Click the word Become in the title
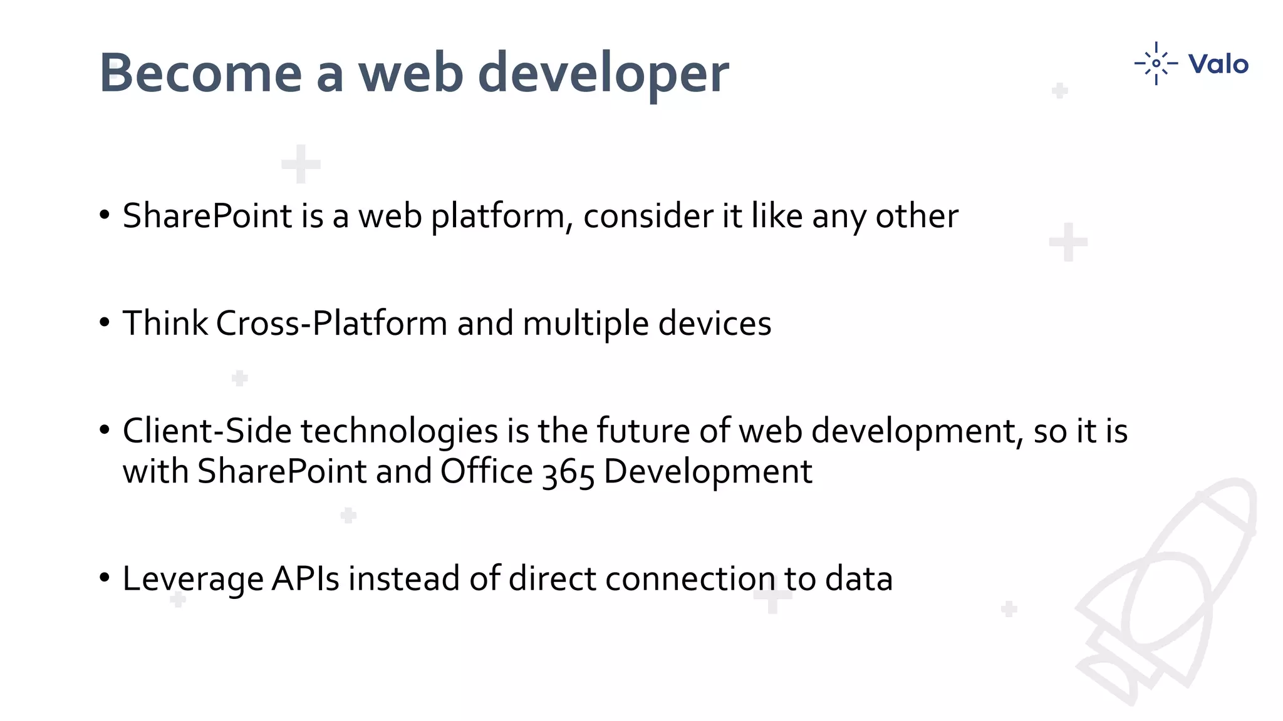(x=200, y=73)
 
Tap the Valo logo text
(x=1218, y=64)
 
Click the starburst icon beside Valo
(x=1156, y=63)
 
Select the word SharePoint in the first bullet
(x=207, y=216)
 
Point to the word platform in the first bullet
(x=502, y=217)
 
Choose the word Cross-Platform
(x=332, y=324)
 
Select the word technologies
(x=399, y=432)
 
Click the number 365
(x=568, y=473)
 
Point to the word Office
(x=486, y=471)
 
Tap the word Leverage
(x=193, y=580)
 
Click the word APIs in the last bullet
(x=305, y=578)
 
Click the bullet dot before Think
(x=105, y=323)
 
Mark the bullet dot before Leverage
(x=105, y=578)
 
